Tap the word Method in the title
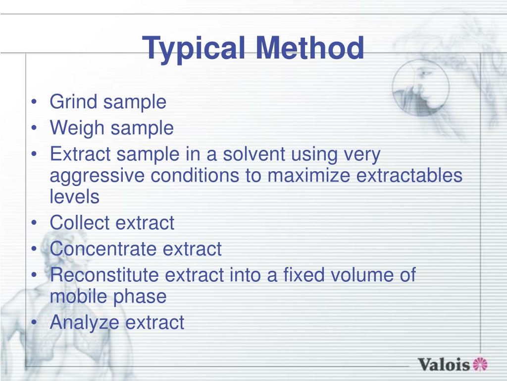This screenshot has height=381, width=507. pos(310,48)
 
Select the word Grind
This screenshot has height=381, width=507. pos(74,102)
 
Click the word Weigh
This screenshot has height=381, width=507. pos(77,128)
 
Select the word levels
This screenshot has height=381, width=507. pos(74,197)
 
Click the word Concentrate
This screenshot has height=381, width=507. pos(104,249)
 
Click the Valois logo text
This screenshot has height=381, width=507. pos(444,365)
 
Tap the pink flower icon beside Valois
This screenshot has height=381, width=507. pos(480,364)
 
